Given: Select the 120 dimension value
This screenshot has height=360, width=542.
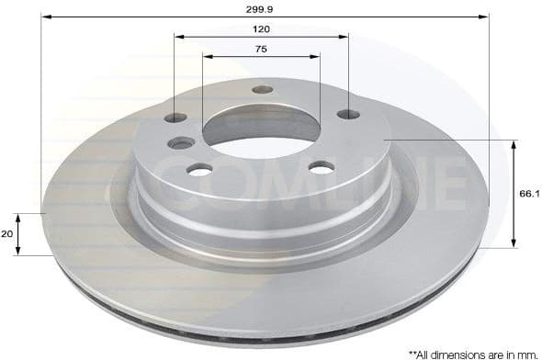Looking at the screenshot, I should [x=262, y=29].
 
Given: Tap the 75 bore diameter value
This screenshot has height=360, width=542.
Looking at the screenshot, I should [x=262, y=49].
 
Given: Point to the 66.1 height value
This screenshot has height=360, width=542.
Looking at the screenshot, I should [x=528, y=194].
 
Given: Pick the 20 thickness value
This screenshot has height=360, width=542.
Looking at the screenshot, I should [x=8, y=234].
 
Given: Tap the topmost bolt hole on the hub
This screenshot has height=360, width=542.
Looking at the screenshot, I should [x=263, y=90].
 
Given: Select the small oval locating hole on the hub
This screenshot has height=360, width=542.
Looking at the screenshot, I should [x=182, y=142].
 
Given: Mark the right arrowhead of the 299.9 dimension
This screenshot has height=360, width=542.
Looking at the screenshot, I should [x=484, y=17].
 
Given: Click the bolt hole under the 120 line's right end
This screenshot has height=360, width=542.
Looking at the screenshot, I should [x=348, y=114].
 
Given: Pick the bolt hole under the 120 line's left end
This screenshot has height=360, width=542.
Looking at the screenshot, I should [x=175, y=118].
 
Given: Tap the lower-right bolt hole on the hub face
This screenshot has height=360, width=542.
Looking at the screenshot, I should [x=321, y=167].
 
